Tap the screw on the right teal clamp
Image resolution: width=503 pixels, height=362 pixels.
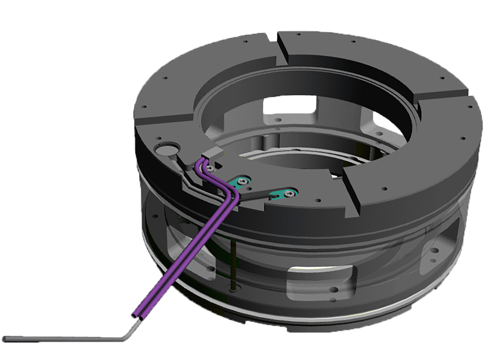pyautogui.click(x=289, y=193)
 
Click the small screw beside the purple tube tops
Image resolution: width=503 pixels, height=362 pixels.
pyautogui.click(x=210, y=168)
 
